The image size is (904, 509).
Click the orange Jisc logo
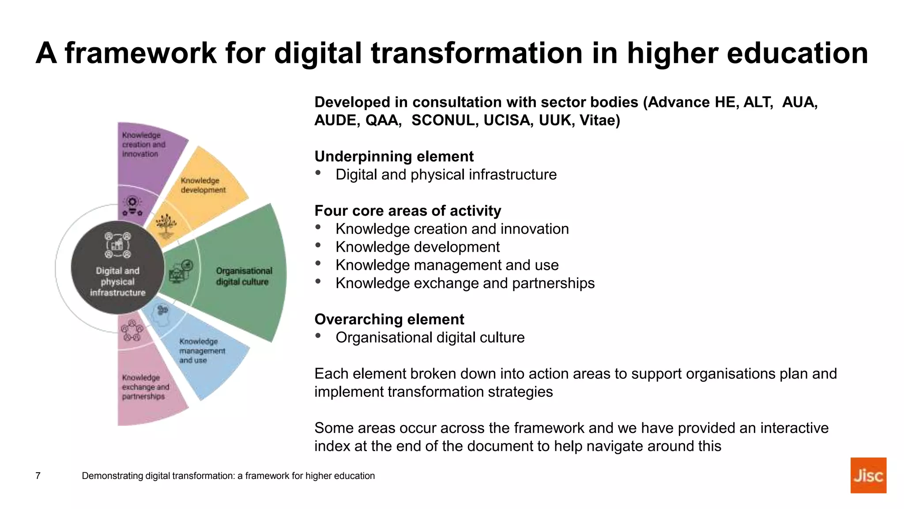pyautogui.click(x=868, y=475)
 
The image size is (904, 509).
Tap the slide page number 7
pyautogui.click(x=38, y=476)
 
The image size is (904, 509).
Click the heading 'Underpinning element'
pyautogui.click(x=394, y=156)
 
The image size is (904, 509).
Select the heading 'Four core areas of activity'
pyautogui.click(x=407, y=211)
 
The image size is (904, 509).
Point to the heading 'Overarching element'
pyautogui.click(x=389, y=319)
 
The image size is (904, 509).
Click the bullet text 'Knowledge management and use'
pyautogui.click(x=447, y=265)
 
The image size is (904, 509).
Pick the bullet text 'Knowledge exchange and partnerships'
pyautogui.click(x=465, y=283)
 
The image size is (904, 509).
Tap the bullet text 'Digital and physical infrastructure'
pyautogui.click(x=446, y=175)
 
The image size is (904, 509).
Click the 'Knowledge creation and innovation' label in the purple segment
pyautogui.click(x=143, y=144)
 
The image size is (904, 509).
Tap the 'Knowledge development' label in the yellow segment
pyautogui.click(x=203, y=185)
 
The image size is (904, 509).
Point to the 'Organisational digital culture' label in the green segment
pyautogui.click(x=244, y=276)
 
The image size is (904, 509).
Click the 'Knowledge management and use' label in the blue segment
pyautogui.click(x=202, y=351)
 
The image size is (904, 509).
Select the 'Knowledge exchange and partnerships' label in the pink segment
pyautogui.click(x=145, y=387)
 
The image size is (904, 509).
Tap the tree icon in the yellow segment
pyautogui.click(x=166, y=224)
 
